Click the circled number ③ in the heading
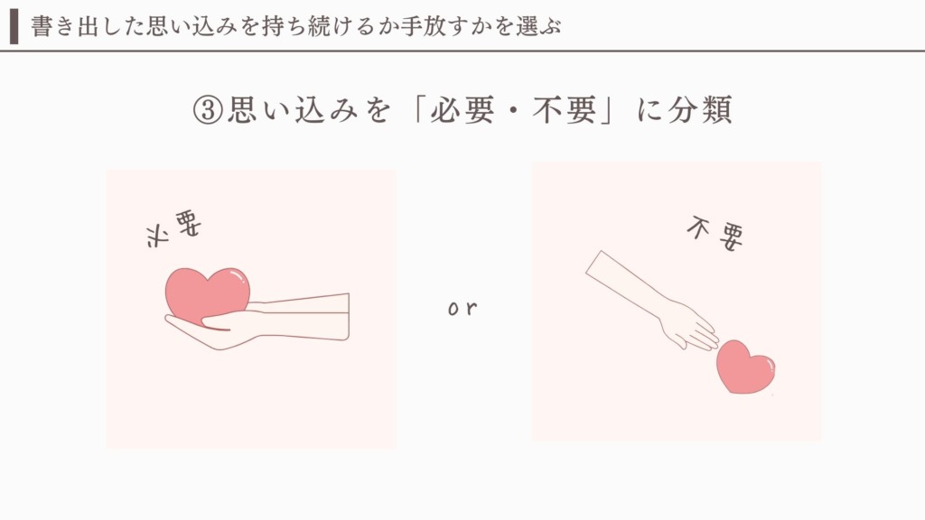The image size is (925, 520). click(x=208, y=110)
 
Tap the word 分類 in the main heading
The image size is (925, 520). click(x=701, y=110)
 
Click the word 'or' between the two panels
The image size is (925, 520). click(x=462, y=308)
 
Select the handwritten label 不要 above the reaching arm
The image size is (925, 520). click(x=715, y=234)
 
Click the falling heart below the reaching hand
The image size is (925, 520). click(x=745, y=367)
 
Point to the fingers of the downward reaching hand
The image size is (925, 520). click(x=699, y=331)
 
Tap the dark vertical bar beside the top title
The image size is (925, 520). click(x=14, y=26)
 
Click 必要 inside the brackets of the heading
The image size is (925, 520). click(x=462, y=110)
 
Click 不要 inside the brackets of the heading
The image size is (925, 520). click(x=565, y=110)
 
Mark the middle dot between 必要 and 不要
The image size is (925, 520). click(x=514, y=111)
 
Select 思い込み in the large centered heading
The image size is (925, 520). click(x=293, y=110)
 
